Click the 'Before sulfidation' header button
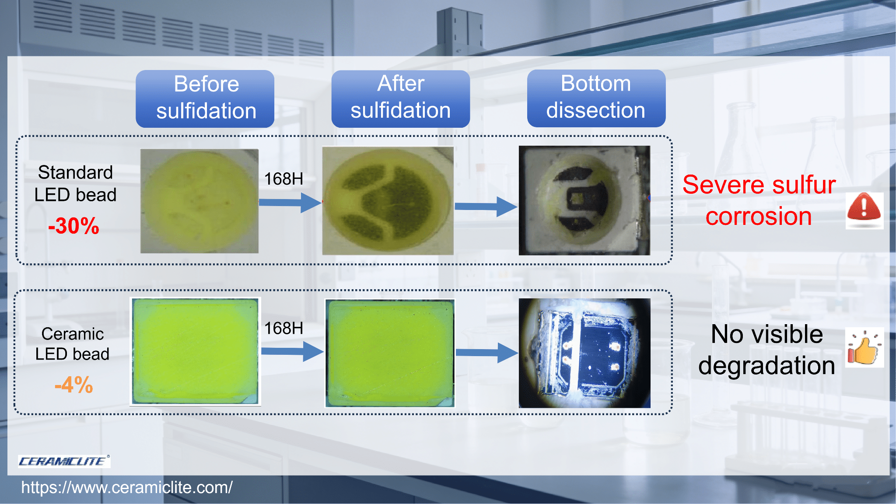tap(205, 98)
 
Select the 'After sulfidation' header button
tap(400, 98)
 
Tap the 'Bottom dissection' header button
tap(596, 98)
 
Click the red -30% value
tap(73, 226)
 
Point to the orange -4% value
tap(73, 385)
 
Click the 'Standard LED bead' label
tap(75, 183)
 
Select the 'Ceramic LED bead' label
tap(72, 344)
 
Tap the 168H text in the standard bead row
tap(283, 178)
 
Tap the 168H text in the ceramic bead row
tap(283, 328)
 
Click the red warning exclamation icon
tap(864, 210)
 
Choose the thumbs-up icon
tap(864, 347)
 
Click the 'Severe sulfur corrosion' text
tap(759, 200)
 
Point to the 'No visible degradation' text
tap(766, 350)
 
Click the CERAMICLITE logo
tap(64, 461)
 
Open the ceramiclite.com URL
tap(127, 487)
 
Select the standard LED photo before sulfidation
tap(199, 201)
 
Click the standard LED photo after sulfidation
tap(388, 200)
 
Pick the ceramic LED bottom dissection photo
tap(584, 353)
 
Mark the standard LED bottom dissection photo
tap(584, 200)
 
